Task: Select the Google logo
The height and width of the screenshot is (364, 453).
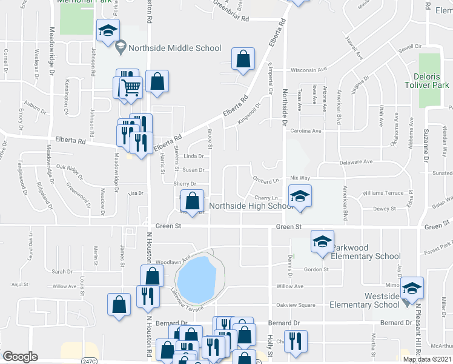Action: coord(20,356)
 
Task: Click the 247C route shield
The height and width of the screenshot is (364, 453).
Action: coord(89,360)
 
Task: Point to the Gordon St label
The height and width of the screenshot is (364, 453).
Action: coord(316,269)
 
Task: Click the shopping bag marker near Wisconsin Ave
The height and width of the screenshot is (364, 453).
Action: coord(243,59)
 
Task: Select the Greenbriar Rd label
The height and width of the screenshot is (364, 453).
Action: coord(231,19)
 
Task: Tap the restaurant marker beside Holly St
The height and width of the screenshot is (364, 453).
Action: coord(295,342)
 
